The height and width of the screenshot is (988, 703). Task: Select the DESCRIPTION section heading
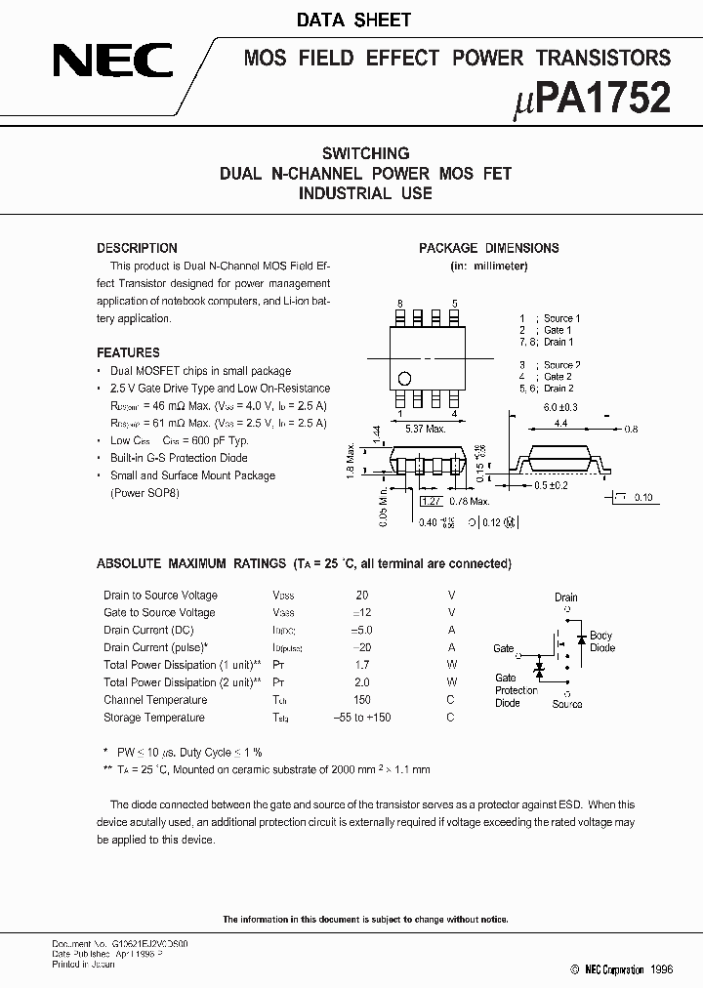click(x=137, y=248)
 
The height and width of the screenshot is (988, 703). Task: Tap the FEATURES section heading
click(x=128, y=352)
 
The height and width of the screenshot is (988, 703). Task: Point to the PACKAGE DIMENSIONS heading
click(x=488, y=248)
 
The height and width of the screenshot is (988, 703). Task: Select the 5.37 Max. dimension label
click(x=426, y=428)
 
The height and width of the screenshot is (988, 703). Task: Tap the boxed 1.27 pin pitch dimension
click(x=430, y=502)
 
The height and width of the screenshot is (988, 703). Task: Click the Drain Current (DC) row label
click(x=148, y=631)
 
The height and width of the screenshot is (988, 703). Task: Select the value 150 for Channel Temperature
click(x=362, y=700)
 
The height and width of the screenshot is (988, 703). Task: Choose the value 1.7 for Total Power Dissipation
click(x=362, y=665)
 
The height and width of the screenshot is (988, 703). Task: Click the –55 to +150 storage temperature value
click(x=362, y=718)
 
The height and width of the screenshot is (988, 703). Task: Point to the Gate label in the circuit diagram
click(x=504, y=648)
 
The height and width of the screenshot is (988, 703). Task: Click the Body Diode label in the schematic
click(x=601, y=641)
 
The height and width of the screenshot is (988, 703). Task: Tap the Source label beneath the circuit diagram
click(x=566, y=704)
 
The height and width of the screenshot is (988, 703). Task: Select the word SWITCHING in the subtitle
click(x=365, y=153)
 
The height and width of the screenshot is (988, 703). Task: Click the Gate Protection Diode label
click(x=516, y=690)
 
